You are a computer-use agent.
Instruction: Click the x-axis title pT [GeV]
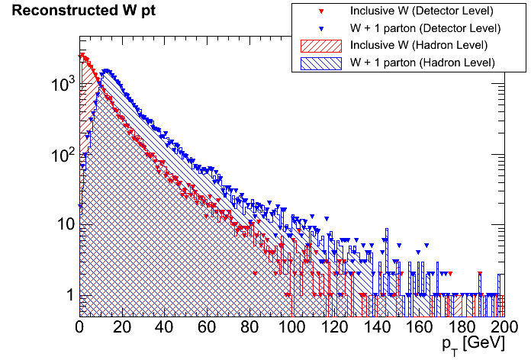471,346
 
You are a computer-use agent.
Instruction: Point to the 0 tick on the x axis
79,327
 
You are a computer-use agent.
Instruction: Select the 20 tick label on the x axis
122,327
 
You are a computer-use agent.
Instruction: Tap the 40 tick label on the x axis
164,327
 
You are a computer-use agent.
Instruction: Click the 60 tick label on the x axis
207,327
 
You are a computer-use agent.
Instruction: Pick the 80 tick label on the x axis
249,327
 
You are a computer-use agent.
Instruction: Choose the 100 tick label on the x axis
291,327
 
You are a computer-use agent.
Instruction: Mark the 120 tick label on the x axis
333,327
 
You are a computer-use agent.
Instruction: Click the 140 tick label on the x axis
376,327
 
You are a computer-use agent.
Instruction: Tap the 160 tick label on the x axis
418,327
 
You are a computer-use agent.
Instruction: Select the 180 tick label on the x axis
461,327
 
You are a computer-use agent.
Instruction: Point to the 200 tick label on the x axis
502,327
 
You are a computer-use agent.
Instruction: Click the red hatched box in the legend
319,46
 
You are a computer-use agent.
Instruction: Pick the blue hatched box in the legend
319,63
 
